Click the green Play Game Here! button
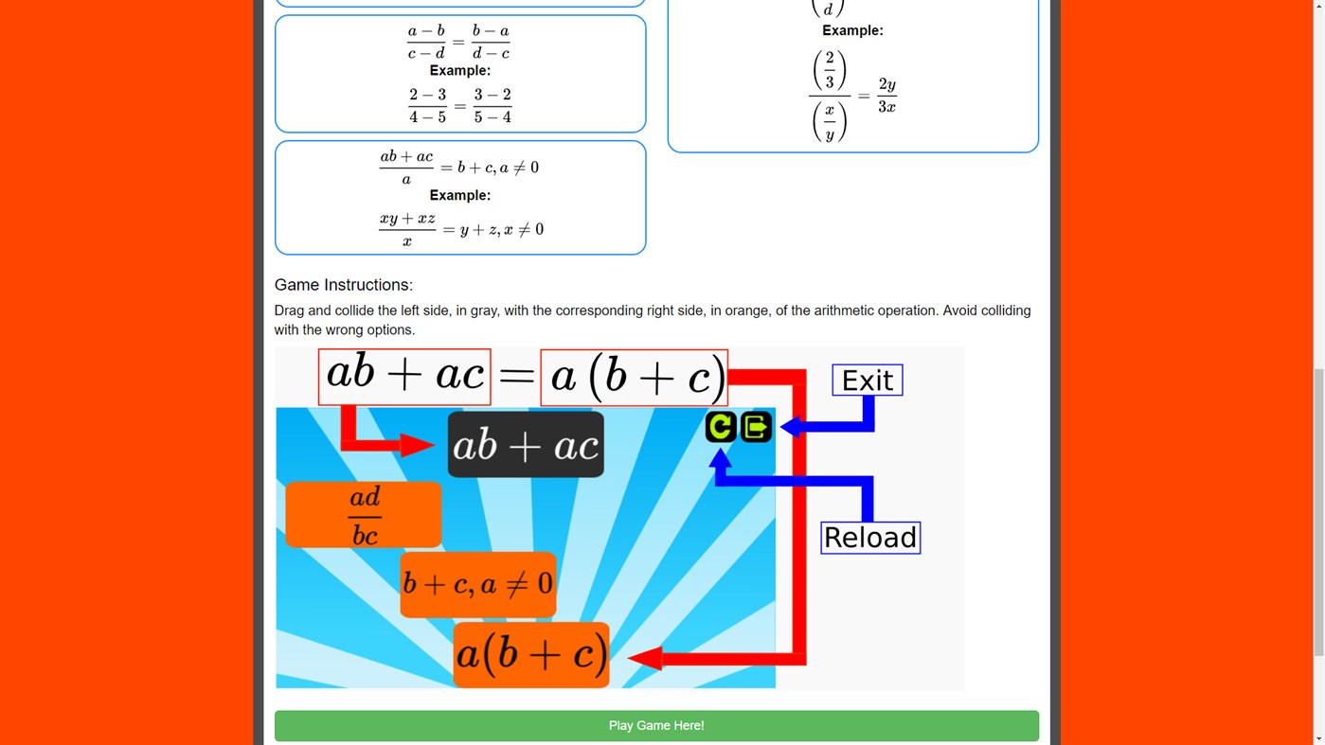[x=656, y=726]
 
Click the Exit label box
[x=867, y=381]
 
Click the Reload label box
[x=869, y=538]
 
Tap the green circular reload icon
[x=721, y=427]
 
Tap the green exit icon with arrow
[x=756, y=427]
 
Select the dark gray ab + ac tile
[x=526, y=445]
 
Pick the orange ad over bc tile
[x=364, y=515]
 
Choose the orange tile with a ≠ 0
[x=477, y=584]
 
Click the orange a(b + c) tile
[x=530, y=654]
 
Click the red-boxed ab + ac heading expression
[x=404, y=377]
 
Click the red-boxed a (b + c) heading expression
[x=634, y=378]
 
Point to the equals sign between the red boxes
[x=516, y=378]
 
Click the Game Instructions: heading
[x=344, y=285]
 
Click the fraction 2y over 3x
[x=886, y=96]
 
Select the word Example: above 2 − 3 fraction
[x=460, y=71]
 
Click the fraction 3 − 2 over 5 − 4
[x=492, y=106]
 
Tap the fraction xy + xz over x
[x=407, y=229]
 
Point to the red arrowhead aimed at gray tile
[x=417, y=445]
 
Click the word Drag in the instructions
[x=290, y=310]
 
